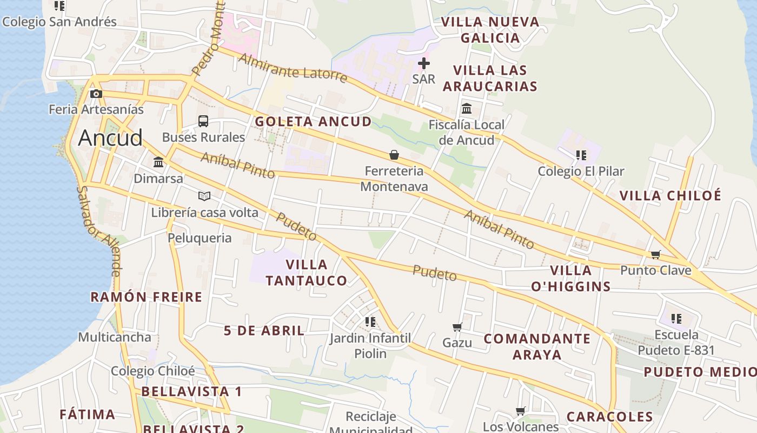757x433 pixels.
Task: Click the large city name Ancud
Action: click(x=110, y=138)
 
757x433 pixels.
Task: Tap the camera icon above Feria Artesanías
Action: click(x=96, y=94)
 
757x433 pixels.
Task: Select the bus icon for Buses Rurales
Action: click(x=203, y=121)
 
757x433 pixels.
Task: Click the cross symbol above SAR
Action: click(x=424, y=63)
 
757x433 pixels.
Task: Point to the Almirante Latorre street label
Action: click(x=293, y=68)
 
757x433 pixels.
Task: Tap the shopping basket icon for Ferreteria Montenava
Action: click(x=394, y=155)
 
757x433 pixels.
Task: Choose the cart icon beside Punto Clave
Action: click(x=656, y=254)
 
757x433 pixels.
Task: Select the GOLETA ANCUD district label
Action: click(x=313, y=122)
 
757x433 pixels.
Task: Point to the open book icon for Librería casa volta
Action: click(x=204, y=196)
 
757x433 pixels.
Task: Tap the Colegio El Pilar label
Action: click(x=581, y=172)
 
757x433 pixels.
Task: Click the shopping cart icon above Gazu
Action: click(x=457, y=327)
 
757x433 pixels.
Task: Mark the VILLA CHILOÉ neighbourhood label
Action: click(x=670, y=195)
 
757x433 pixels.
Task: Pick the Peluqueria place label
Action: click(x=200, y=238)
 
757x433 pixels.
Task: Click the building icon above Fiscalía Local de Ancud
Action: click(x=467, y=109)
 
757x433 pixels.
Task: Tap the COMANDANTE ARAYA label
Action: click(x=537, y=346)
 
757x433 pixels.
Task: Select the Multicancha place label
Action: click(x=115, y=337)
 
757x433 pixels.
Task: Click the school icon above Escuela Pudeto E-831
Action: click(x=676, y=318)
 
